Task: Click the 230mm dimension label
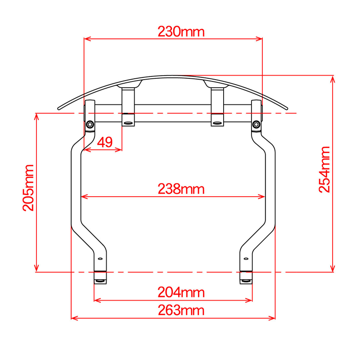[x=181, y=31]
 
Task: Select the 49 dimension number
[x=105, y=142]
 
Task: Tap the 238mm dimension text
[x=181, y=189]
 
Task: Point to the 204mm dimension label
[x=181, y=292]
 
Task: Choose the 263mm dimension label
[x=181, y=310]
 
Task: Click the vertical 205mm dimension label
[x=28, y=188]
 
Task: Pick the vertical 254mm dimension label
[x=324, y=170]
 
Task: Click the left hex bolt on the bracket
[x=90, y=125]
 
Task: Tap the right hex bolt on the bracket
[x=256, y=125]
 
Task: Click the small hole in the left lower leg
[x=100, y=259]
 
